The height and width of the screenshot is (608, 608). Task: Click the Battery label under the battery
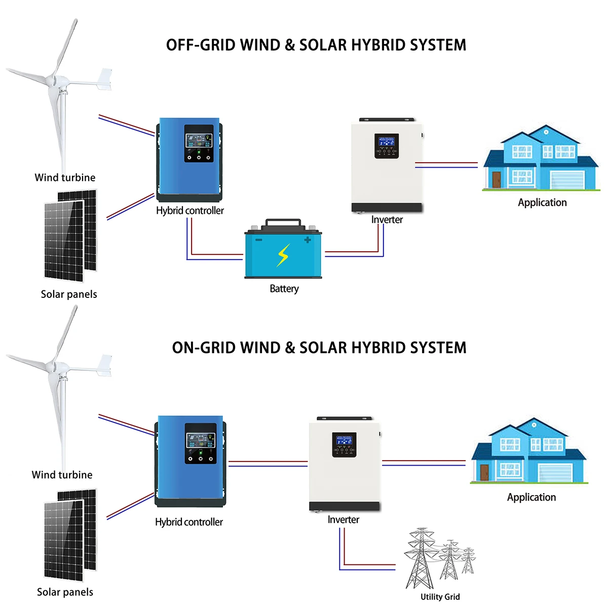tap(284, 289)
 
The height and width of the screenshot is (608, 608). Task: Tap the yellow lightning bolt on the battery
tap(283, 255)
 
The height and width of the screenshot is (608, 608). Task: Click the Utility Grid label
tap(440, 597)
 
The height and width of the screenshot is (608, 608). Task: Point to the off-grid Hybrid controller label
tap(189, 211)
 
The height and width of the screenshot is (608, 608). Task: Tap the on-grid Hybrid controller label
tap(188, 522)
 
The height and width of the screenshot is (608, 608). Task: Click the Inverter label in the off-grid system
tap(387, 220)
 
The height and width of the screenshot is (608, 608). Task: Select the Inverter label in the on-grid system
tap(343, 520)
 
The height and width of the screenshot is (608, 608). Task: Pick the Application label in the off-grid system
tap(542, 203)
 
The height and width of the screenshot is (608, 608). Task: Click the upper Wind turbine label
tap(65, 178)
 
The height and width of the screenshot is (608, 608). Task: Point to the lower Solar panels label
tap(65, 592)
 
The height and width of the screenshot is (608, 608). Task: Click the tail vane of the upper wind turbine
tap(105, 79)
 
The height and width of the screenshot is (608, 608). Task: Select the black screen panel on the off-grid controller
tap(199, 144)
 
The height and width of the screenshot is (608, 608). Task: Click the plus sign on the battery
tap(307, 240)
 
